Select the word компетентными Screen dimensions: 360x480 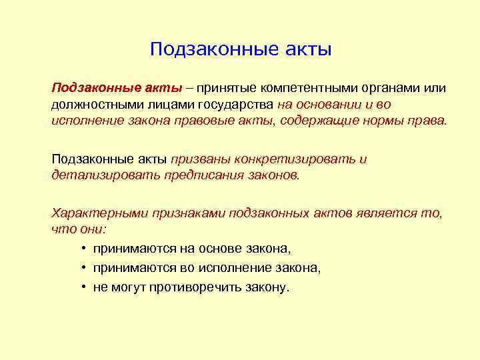309,89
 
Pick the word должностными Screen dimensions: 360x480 95,105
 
